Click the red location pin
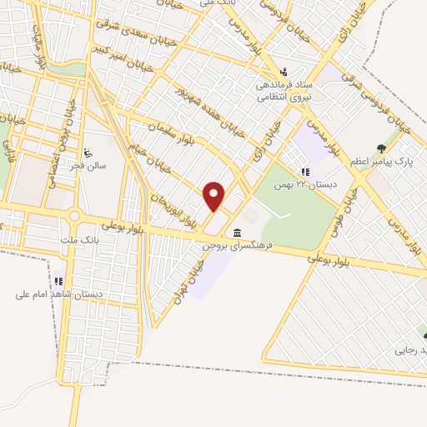pos(215,196)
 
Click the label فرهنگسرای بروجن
pos(239,247)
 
